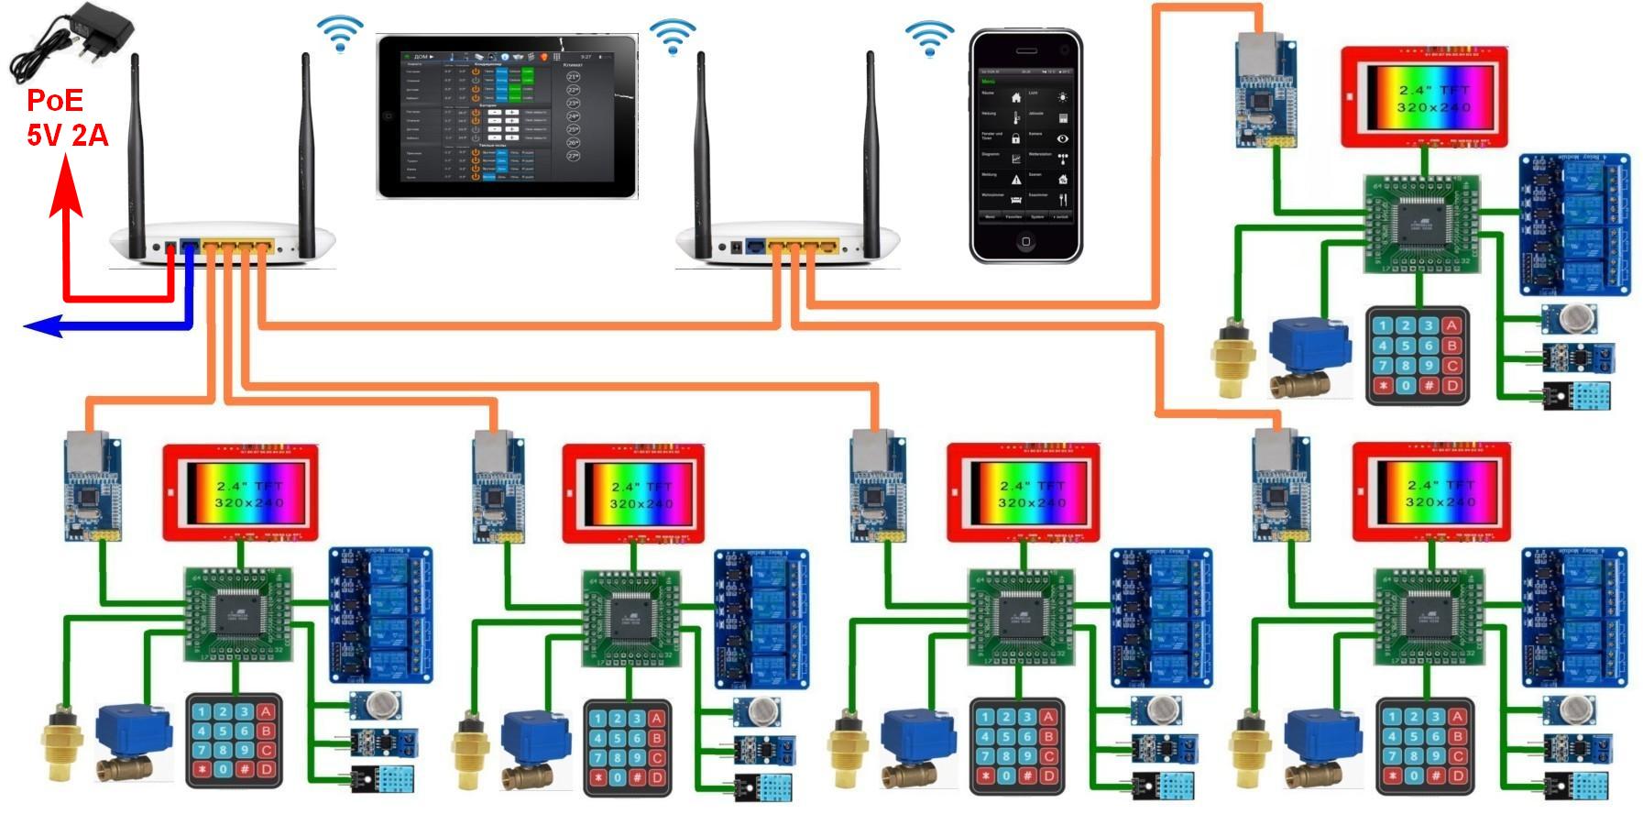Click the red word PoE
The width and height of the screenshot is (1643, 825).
coord(54,101)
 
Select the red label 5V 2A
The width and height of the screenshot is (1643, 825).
coord(67,136)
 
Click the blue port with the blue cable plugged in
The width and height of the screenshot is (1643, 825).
coord(190,247)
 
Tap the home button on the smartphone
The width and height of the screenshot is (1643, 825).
coord(1025,242)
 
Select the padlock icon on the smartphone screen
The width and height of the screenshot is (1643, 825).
coord(1015,137)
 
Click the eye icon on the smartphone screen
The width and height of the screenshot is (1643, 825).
coord(1062,138)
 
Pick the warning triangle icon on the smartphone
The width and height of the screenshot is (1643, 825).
coord(1015,179)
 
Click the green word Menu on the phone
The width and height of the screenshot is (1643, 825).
coord(988,82)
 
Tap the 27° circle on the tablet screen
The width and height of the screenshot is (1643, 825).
coord(574,156)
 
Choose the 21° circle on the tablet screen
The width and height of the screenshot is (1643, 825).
coord(574,77)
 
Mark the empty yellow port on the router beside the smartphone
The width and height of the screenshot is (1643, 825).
coord(829,246)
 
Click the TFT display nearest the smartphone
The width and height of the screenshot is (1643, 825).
coord(1423,96)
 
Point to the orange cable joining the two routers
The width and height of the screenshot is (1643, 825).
coord(513,324)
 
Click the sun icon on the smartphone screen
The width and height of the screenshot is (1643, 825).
coord(1062,96)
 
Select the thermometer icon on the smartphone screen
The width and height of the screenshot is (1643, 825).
coord(1015,117)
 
